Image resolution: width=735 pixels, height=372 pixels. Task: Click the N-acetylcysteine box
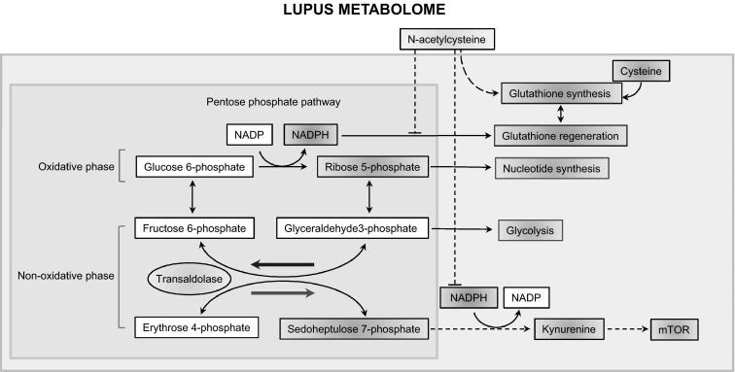click(446, 40)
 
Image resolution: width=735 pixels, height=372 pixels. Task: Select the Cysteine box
click(641, 72)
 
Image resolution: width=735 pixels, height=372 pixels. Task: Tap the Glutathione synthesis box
click(562, 93)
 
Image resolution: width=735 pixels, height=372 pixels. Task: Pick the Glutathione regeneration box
click(560, 136)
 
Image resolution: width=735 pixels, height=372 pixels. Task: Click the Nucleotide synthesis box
click(551, 168)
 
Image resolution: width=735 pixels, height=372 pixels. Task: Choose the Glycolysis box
click(530, 230)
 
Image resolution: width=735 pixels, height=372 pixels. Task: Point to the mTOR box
click(674, 329)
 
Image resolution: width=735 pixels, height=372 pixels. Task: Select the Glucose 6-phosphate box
click(194, 167)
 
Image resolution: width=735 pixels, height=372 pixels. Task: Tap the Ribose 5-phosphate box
click(372, 167)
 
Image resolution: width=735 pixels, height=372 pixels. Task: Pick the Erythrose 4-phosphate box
click(196, 327)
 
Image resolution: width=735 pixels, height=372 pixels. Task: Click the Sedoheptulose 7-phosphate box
click(354, 329)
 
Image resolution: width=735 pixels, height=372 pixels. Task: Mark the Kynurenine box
click(569, 329)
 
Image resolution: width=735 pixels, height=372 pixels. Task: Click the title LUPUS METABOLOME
click(365, 10)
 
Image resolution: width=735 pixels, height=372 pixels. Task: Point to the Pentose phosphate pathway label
click(273, 102)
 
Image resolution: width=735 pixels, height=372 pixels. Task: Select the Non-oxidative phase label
click(66, 276)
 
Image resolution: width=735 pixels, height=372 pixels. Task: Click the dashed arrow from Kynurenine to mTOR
click(627, 329)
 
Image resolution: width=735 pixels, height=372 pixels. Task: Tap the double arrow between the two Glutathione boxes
click(561, 115)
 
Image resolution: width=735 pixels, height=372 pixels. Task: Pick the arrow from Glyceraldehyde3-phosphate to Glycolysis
click(462, 229)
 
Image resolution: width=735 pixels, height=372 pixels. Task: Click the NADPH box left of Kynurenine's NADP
click(469, 297)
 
